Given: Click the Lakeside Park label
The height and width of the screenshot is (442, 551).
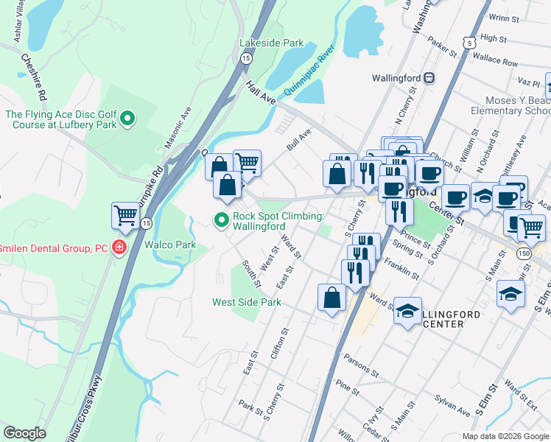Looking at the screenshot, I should coord(271,43).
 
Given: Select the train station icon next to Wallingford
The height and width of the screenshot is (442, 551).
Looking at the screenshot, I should coord(429,78).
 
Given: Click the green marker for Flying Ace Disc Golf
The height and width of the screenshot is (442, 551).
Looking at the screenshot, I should coord(127,118).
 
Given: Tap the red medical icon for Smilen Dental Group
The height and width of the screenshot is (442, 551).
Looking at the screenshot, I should coord(119,248).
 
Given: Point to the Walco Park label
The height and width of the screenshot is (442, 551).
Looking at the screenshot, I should coord(170,245).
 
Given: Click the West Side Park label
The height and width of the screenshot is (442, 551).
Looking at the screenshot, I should coord(247,302).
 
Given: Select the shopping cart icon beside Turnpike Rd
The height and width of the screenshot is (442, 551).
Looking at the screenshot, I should coord(126,216).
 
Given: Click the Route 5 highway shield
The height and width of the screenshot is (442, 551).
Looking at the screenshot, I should coord(468,43).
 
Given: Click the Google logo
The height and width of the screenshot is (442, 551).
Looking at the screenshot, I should coord(25,433).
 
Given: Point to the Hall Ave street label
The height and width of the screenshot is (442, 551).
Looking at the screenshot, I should coord(260,91).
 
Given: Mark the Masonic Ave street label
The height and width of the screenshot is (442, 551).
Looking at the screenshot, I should coord(178,127).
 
